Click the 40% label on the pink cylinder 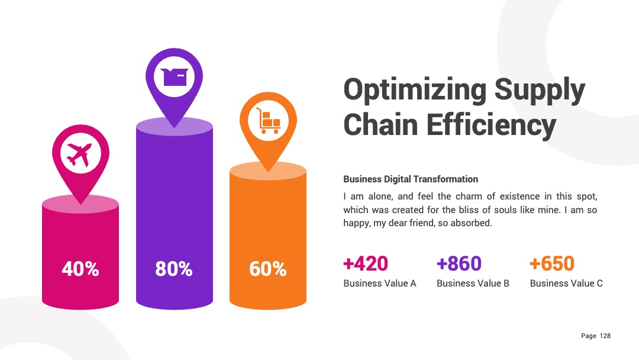[80, 269]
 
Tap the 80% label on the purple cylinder [174, 269]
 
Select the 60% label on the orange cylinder [268, 269]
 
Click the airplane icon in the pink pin [80, 155]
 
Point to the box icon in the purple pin [175, 76]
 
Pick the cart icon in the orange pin [268, 120]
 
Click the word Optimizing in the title [415, 91]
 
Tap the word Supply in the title [540, 91]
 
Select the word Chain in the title [380, 125]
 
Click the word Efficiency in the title [491, 126]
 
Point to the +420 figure [366, 263]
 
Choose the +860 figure [459, 263]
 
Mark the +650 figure [552, 263]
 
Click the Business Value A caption [380, 284]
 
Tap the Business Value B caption [473, 284]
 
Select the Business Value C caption [566, 284]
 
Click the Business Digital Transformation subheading [411, 179]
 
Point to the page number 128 [605, 336]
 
